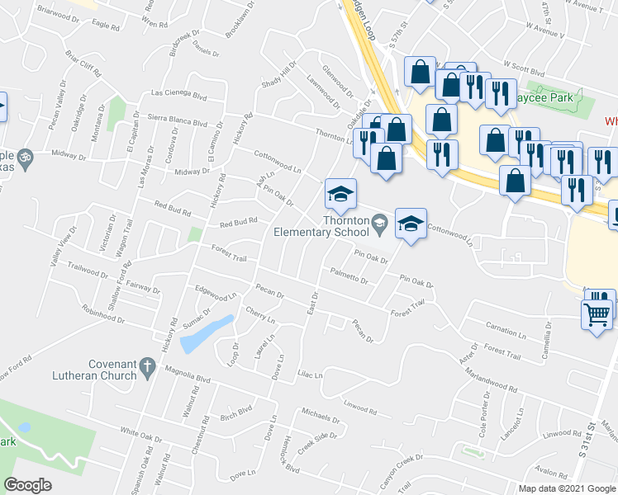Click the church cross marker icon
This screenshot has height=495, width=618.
(148, 368)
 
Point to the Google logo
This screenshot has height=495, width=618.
(28, 485)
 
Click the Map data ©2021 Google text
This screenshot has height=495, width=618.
(567, 488)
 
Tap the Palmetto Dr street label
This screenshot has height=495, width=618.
(349, 277)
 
